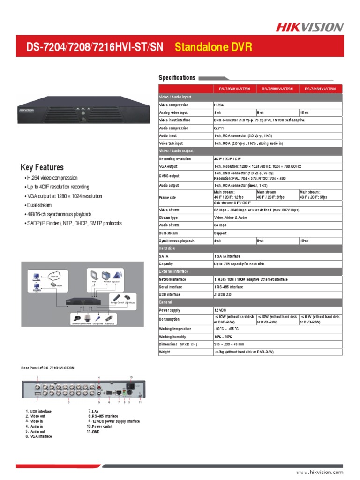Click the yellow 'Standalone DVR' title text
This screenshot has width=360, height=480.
pos(213,47)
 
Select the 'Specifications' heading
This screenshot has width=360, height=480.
pos(177,78)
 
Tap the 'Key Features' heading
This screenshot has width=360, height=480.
pos(42,167)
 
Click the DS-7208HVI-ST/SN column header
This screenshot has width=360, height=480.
pos(277,89)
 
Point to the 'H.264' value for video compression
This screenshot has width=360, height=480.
pos(219,105)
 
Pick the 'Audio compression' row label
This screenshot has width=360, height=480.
pos(174,128)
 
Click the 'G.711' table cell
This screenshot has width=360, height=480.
pos(219,128)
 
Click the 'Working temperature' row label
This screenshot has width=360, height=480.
pos(175,329)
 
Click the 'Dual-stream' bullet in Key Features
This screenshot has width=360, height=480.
pos(39,205)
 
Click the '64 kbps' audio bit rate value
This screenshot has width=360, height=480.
pos(220,225)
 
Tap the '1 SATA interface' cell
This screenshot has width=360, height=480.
pos(227,256)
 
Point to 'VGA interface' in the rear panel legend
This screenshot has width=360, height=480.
pos(42,436)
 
